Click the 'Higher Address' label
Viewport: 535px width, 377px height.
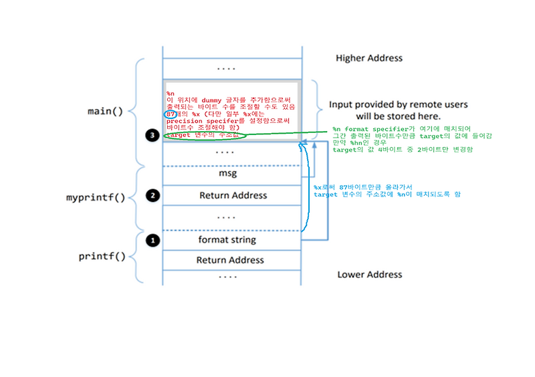(369, 58)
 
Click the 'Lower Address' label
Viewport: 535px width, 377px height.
(369, 274)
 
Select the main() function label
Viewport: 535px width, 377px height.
(106, 112)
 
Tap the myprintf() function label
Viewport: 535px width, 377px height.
(96, 199)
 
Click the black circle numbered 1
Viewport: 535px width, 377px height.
(152, 239)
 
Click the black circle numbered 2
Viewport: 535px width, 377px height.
(152, 196)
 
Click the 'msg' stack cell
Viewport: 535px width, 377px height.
(232, 174)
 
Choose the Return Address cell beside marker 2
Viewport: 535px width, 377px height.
(232, 196)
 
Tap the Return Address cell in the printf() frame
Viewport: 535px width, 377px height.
(230, 260)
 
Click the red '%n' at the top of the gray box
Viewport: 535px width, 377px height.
(171, 93)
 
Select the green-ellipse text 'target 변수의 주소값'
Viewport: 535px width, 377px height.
(203, 135)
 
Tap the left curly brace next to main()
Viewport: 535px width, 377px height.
(138, 112)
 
